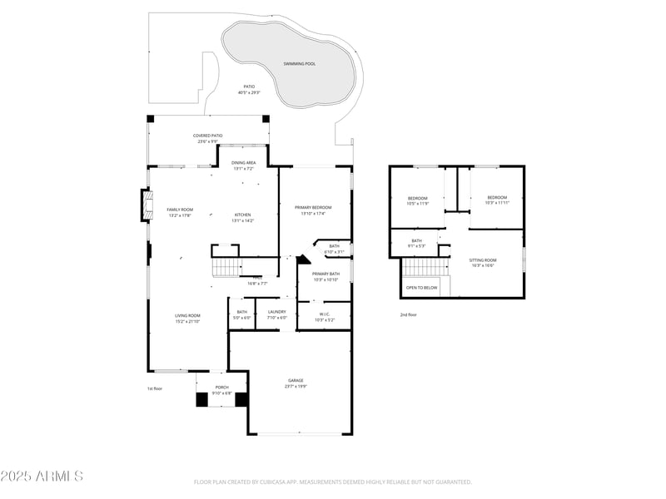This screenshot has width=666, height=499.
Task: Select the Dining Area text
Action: (x=244, y=165)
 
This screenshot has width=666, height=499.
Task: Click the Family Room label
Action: (x=180, y=212)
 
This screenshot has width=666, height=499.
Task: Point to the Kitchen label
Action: (x=242, y=217)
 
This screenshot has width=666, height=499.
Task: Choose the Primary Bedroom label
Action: (x=313, y=210)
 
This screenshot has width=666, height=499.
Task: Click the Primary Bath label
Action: (x=325, y=276)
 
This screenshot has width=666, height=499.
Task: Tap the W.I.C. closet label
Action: (x=324, y=317)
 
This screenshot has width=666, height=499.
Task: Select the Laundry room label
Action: (x=277, y=314)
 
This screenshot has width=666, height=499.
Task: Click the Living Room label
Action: (x=187, y=318)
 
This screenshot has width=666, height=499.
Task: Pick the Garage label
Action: (x=296, y=383)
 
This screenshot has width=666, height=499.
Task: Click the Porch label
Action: (x=221, y=389)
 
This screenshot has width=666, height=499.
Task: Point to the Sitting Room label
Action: (x=484, y=263)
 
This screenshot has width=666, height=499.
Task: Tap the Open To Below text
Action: (x=422, y=288)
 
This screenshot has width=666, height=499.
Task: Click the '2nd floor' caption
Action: (x=408, y=314)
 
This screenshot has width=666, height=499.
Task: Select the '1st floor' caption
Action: (x=154, y=388)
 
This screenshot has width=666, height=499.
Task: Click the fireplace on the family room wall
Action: (x=146, y=205)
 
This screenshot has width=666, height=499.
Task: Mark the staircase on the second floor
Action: (x=425, y=267)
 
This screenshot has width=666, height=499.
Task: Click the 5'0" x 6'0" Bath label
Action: (x=241, y=314)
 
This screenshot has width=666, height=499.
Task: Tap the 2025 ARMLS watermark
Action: (x=42, y=477)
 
